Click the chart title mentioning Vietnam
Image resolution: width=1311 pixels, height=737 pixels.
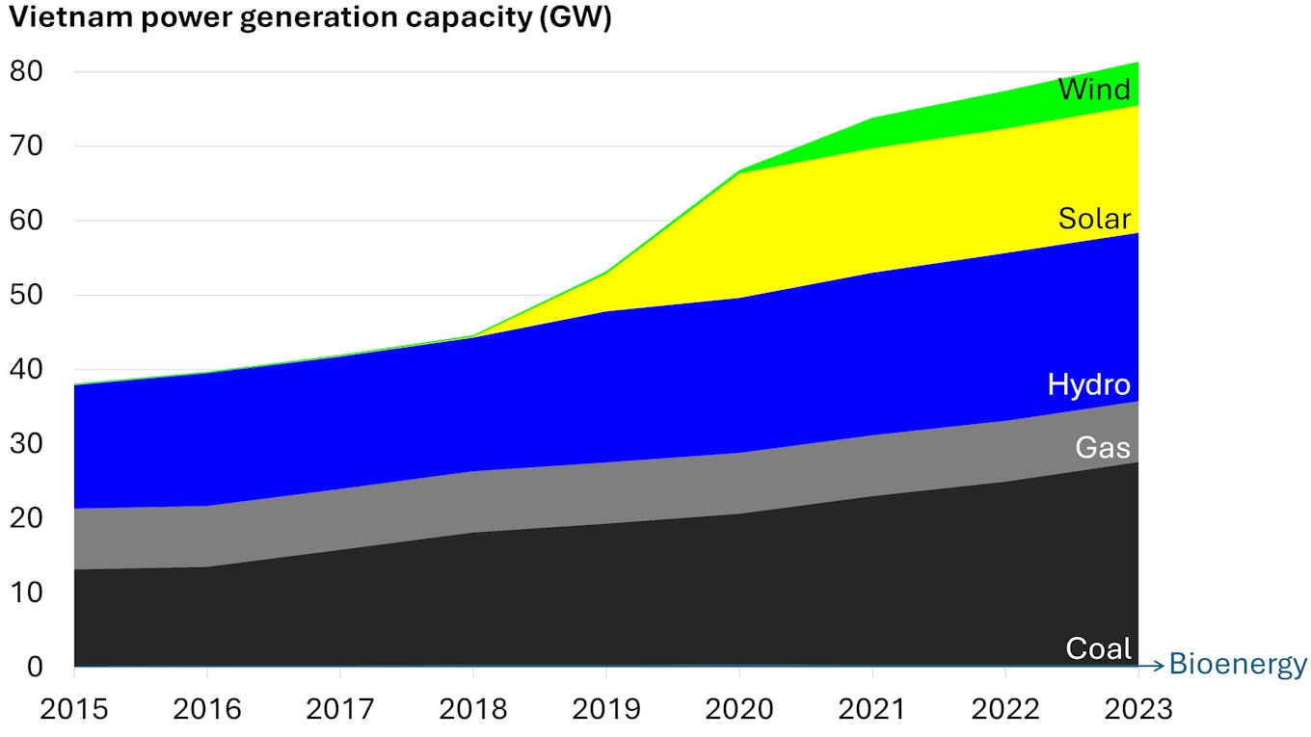(x=309, y=19)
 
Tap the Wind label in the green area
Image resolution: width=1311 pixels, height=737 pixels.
(x=1094, y=90)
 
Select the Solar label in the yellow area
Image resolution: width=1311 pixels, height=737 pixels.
(x=1094, y=219)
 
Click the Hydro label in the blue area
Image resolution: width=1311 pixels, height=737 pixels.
(x=1088, y=385)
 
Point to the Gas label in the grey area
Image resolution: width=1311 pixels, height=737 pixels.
(x=1103, y=447)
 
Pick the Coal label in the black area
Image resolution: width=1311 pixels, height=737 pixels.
(x=1098, y=648)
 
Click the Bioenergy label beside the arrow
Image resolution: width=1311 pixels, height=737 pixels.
(x=1238, y=665)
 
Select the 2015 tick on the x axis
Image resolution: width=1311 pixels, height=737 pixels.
(x=73, y=709)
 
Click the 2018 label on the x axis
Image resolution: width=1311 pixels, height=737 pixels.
(x=473, y=709)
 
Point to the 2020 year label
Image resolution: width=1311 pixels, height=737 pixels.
(x=739, y=709)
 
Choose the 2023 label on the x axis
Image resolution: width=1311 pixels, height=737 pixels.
(x=1138, y=709)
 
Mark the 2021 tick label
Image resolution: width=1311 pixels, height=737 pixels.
(x=872, y=709)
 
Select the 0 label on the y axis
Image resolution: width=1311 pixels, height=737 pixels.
(x=35, y=667)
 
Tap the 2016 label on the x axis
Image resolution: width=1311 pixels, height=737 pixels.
(x=206, y=709)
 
